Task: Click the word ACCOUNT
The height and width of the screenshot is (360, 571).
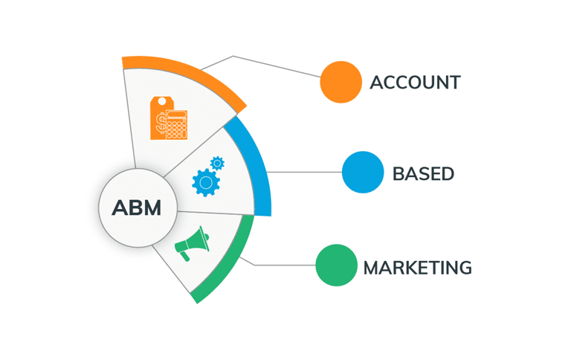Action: [x=415, y=82]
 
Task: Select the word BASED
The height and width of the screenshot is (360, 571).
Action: [x=423, y=174]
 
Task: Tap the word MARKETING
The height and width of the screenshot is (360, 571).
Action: [x=417, y=268]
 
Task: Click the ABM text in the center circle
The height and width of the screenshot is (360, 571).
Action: [x=137, y=208]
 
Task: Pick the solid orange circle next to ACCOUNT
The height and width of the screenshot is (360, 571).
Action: [x=341, y=82]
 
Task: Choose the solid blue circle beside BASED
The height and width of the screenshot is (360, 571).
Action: [x=363, y=173]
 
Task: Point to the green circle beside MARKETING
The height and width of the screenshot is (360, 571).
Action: [x=337, y=265]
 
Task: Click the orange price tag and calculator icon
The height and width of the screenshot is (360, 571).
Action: [x=169, y=118]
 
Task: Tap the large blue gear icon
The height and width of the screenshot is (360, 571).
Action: [x=205, y=181]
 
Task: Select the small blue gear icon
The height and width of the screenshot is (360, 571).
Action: [x=217, y=162]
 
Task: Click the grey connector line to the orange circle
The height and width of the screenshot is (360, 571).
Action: [x=275, y=66]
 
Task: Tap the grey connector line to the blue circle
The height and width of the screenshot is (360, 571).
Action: [x=305, y=173]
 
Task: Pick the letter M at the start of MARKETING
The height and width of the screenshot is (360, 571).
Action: [x=372, y=268]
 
